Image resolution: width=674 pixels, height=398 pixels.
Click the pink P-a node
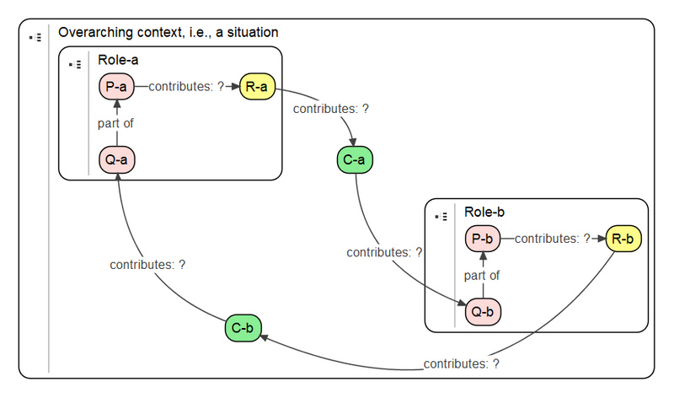click(x=116, y=86)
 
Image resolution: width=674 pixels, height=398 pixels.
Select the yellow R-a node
click(x=257, y=86)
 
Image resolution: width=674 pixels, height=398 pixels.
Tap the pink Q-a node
click(x=116, y=159)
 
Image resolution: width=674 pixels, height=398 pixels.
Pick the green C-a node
click(x=355, y=159)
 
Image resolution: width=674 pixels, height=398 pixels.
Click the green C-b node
click(x=243, y=328)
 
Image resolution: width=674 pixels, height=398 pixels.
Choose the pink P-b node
click(x=482, y=239)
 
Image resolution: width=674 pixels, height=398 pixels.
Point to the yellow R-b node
click(x=623, y=239)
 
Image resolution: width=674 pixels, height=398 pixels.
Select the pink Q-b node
click(x=482, y=312)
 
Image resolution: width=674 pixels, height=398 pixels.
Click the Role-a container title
click(x=119, y=61)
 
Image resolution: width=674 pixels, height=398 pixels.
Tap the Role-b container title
click(x=484, y=212)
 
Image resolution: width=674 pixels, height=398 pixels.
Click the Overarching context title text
click(x=168, y=32)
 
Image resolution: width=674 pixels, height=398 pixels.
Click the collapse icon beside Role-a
click(x=75, y=63)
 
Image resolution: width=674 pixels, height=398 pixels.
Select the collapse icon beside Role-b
click(x=441, y=217)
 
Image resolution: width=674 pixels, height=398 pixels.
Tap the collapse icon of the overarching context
click(x=35, y=38)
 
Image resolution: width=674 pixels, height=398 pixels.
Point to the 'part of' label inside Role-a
click(x=115, y=123)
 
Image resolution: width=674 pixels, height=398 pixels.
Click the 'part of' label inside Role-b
click(x=482, y=275)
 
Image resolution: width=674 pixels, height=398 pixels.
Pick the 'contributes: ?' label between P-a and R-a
click(x=186, y=86)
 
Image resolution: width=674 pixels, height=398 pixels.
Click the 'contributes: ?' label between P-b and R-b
click(x=553, y=239)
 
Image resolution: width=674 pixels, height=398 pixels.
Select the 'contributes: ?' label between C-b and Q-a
click(x=147, y=265)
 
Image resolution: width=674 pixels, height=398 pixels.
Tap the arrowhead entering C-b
click(x=264, y=337)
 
